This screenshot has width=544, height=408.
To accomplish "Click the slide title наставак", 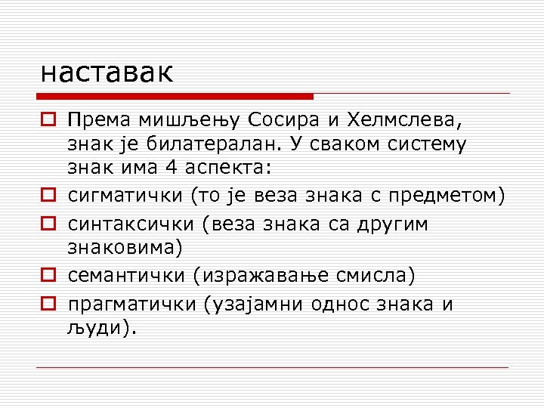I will (107, 73).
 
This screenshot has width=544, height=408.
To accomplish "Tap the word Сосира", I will (292, 119).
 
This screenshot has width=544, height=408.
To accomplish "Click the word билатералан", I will (227, 143).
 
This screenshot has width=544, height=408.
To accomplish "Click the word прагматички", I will (131, 304).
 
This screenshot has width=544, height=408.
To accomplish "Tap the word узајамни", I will (262, 304).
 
